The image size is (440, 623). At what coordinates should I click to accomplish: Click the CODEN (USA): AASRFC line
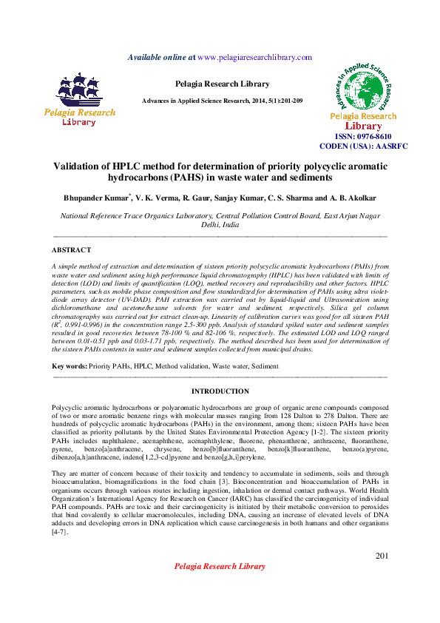pos(363,147)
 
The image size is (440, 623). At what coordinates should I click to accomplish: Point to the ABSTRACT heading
pos(72,250)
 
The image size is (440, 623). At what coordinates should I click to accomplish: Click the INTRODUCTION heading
pos(220,391)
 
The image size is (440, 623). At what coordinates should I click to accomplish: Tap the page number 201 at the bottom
pos(382,556)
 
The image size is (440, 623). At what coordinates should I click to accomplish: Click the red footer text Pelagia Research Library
pos(220,566)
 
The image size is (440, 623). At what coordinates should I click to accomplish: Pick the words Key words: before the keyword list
pos(69,366)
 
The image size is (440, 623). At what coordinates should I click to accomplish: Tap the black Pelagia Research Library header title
pos(220,84)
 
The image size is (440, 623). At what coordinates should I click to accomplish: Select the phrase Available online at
pos(161,57)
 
